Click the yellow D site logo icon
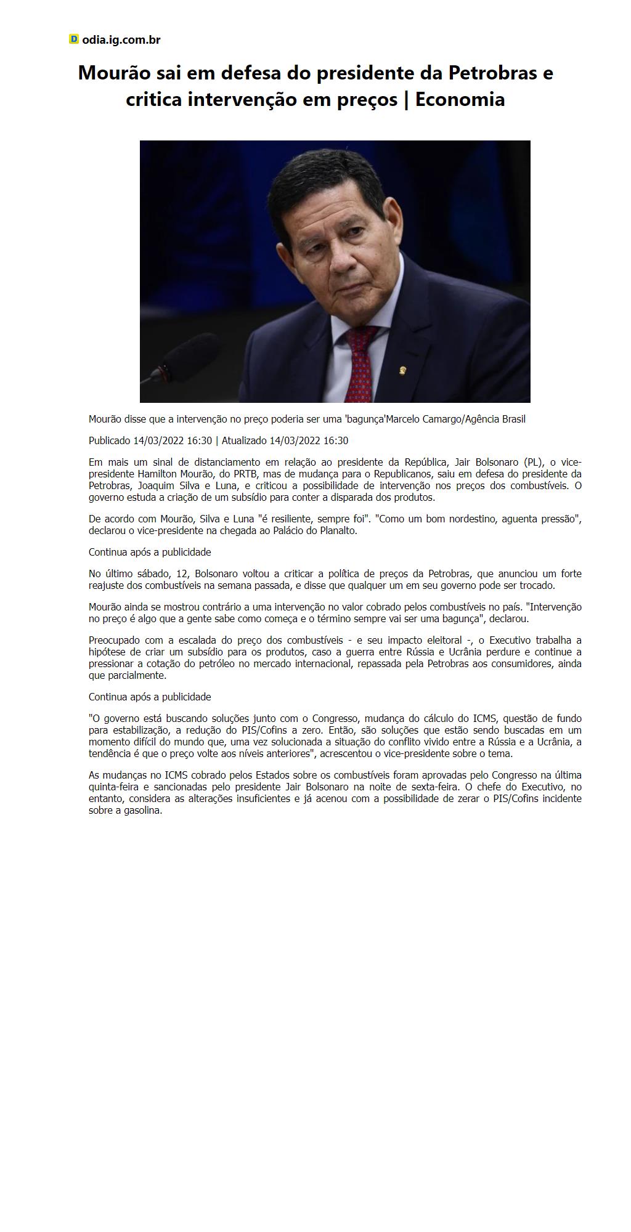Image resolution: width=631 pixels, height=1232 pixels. coord(74,39)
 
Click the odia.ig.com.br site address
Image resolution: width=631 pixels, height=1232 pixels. coord(121,40)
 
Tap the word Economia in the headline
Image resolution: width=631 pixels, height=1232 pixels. coord(460,99)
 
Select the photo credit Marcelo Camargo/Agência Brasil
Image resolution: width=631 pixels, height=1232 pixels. coord(455,419)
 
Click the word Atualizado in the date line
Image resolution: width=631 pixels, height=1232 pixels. coord(244,441)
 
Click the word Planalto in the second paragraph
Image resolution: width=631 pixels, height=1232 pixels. coord(338,531)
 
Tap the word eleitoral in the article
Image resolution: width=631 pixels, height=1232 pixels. coord(442,641)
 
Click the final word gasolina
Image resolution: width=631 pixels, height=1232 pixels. coord(142,811)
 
